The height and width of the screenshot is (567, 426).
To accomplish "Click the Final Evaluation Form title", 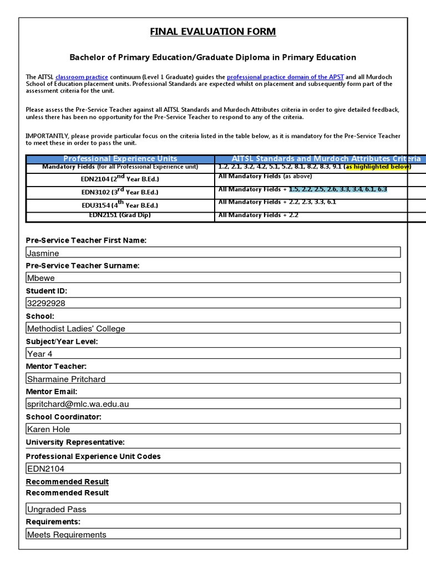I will [213, 32].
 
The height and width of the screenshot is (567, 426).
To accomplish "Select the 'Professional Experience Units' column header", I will [120, 159].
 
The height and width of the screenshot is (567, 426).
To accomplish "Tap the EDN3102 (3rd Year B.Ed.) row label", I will [120, 192].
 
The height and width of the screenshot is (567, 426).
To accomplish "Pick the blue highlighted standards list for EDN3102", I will [338, 189].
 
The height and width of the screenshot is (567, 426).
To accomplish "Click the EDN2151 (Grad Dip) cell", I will [120, 215].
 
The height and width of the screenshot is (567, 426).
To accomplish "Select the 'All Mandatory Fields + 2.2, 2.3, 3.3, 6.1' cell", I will [277, 202].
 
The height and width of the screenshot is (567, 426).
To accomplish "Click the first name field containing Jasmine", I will [213, 252].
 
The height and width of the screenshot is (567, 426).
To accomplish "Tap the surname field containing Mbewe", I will [213, 278].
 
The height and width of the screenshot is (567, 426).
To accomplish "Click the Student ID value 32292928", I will [213, 303].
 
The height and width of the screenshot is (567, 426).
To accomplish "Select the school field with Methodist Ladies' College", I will [213, 328].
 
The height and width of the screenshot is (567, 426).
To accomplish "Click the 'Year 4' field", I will [213, 353].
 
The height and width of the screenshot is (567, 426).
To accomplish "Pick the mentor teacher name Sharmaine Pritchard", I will [213, 379].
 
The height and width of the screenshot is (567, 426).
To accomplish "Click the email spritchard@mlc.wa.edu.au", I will [213, 404].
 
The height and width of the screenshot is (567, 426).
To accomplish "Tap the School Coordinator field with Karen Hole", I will [213, 429].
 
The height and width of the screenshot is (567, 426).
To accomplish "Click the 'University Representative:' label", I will [75, 442].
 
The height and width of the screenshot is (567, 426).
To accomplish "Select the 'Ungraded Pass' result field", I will [213, 509].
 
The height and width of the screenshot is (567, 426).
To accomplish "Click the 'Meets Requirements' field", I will [213, 534].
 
